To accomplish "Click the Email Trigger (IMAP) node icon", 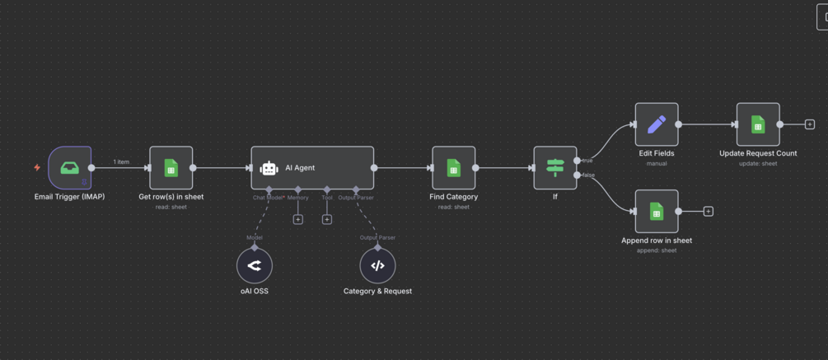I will coord(70,168).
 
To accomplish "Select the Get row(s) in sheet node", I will coord(171,168).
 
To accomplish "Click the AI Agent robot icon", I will coord(269,168).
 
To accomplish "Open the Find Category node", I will coord(453,168).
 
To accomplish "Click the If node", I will coord(554,168).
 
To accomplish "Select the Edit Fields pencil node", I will coord(657,124).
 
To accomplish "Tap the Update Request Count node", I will coord(758,124).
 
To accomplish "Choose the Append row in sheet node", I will coord(657,212).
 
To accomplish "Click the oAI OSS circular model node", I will coord(255,265).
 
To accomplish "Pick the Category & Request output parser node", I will coord(377,265).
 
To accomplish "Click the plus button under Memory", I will coord(298,220).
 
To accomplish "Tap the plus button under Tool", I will coord(327,220).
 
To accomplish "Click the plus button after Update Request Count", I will coord(810,124).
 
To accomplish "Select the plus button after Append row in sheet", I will coord(708,212).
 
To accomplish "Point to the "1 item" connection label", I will coord(121,161).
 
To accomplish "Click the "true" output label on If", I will coord(587,161).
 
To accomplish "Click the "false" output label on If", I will coord(588,175).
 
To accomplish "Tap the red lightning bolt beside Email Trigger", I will coord(37,168).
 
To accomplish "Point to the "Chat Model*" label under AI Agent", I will coord(269,198).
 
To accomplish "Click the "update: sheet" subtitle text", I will coord(758,163).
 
